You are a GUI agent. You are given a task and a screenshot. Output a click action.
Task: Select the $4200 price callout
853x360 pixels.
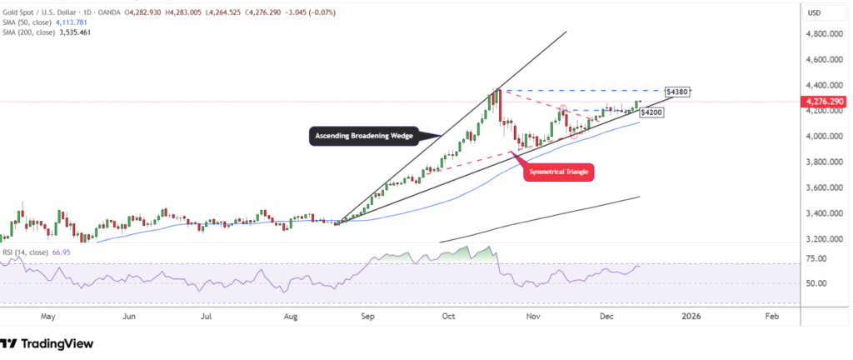click(x=651, y=112)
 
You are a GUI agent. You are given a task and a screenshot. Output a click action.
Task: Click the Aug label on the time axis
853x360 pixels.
click(x=290, y=317)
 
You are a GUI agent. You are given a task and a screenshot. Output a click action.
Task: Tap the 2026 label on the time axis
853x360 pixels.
click(x=691, y=317)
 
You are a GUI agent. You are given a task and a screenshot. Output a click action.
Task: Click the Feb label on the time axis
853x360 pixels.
click(x=771, y=317)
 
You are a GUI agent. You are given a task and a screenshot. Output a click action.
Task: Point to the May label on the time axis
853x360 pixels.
click(x=47, y=317)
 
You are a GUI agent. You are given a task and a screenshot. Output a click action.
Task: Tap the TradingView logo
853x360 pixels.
click(x=47, y=343)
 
